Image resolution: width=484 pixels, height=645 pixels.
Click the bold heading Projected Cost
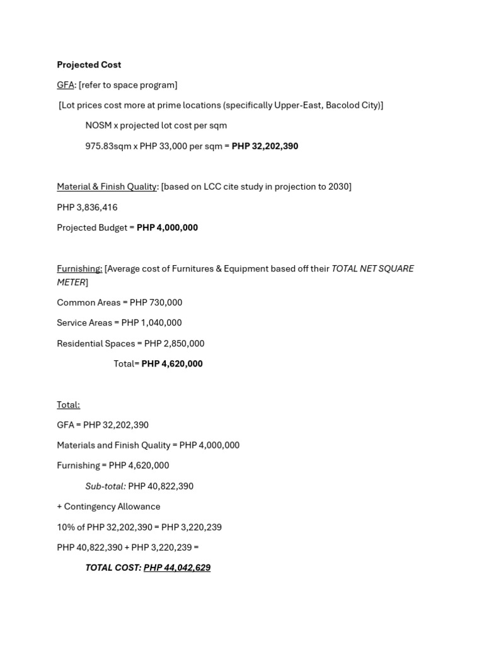pos(89,65)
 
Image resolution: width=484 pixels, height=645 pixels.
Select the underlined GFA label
pos(66,85)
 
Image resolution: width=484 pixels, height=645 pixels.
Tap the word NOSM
pos(98,125)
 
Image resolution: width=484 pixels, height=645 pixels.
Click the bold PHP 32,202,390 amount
pos(265,146)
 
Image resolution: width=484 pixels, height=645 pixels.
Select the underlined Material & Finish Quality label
pos(107,186)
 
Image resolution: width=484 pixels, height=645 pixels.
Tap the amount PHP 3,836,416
pos(87,207)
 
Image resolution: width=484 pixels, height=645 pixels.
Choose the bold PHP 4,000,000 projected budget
pos(167,227)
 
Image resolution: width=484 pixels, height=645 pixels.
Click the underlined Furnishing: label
pos(79,268)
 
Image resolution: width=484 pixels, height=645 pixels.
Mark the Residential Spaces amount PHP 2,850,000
pos(174,343)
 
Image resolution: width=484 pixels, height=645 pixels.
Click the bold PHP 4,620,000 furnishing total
pos(172,363)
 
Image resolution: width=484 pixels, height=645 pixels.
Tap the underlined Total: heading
pos(68,404)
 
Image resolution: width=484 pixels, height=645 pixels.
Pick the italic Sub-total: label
pos(106,486)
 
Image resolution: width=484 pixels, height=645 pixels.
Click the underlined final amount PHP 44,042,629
pos(177,568)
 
